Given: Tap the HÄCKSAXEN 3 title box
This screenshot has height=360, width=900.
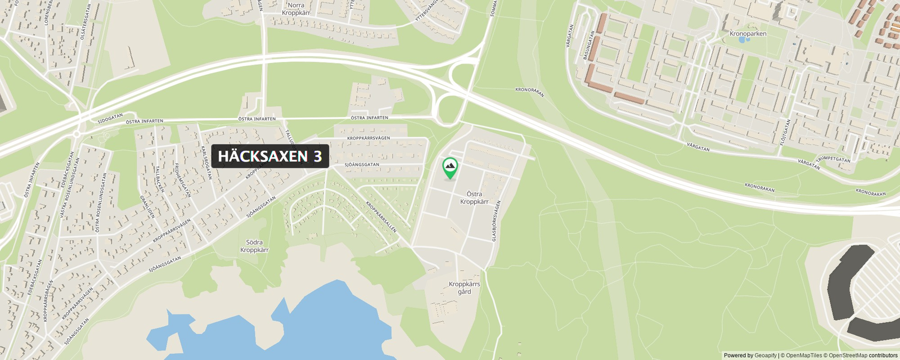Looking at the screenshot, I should (270, 156).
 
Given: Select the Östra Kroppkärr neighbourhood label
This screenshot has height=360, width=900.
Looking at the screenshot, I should (474, 198).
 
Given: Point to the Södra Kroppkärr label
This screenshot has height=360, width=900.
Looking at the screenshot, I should (254, 246).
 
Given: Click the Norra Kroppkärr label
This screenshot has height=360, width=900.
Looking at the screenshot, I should (296, 9).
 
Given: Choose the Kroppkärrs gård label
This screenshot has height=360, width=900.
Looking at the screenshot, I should (464, 288).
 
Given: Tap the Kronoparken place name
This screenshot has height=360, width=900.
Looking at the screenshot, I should (748, 34).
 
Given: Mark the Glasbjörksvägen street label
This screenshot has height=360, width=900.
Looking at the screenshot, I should (496, 221).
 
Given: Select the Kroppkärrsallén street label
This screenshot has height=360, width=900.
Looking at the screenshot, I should (381, 217).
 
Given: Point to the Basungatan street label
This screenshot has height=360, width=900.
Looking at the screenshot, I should (588, 45).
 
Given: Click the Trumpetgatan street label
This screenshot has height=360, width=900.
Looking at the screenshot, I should (834, 159).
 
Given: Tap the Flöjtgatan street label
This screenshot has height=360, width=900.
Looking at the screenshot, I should (785, 131).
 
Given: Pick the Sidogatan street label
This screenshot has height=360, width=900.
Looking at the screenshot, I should (110, 119).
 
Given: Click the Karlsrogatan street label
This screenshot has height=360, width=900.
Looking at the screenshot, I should (206, 163).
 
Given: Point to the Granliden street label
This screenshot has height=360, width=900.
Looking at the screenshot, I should (147, 206).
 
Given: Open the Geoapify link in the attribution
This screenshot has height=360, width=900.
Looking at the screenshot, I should (765, 355).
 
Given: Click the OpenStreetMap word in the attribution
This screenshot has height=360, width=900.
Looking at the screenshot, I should (848, 355).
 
